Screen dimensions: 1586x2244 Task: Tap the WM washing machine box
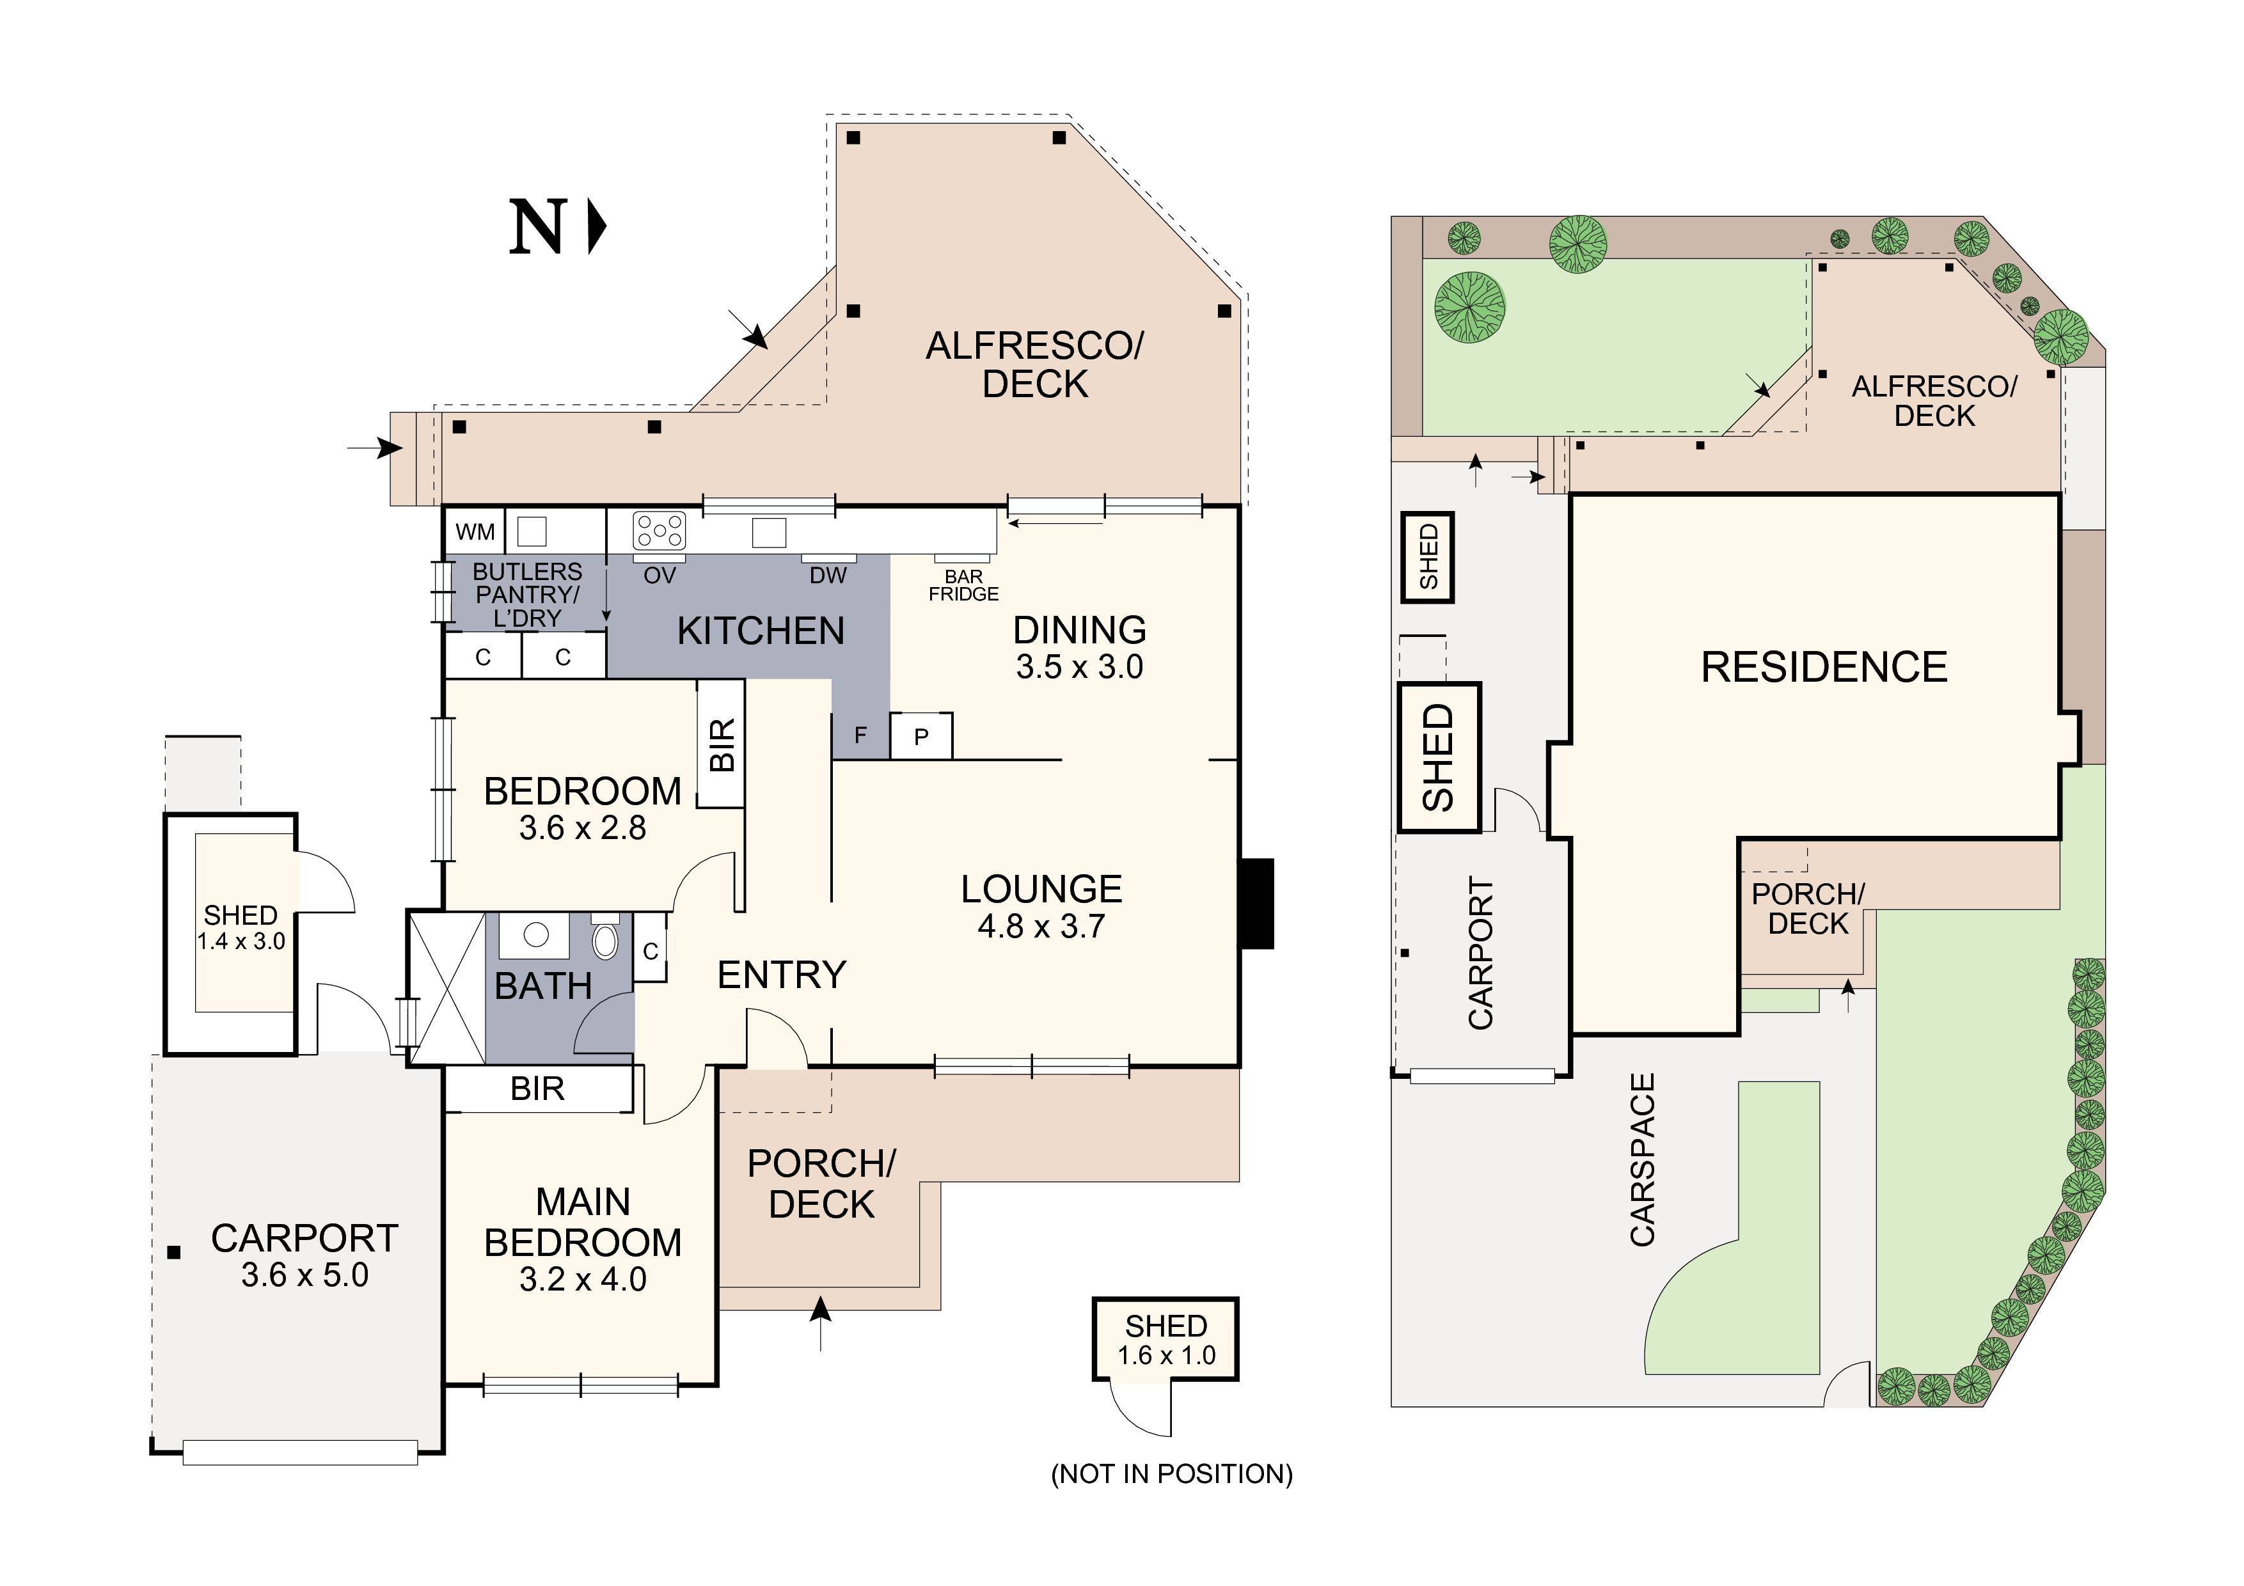pyautogui.click(x=476, y=531)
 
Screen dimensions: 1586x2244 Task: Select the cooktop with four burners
pyautogui.click(x=660, y=531)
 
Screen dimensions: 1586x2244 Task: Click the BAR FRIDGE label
pyautogui.click(x=963, y=585)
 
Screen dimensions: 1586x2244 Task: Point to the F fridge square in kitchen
pyautogui.click(x=860, y=735)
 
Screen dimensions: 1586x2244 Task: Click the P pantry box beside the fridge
pyautogui.click(x=921, y=737)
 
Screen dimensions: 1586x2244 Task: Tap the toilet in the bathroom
pyautogui.click(x=605, y=939)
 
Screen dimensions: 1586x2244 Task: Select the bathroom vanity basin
pyautogui.click(x=535, y=935)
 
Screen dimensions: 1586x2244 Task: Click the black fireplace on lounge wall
pyautogui.click(x=1257, y=903)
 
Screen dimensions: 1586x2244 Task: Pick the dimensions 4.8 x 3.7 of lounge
pyautogui.click(x=1041, y=925)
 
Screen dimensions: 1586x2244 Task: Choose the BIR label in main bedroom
pyautogui.click(x=537, y=1088)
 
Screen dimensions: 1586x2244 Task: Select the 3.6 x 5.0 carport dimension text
pyautogui.click(x=305, y=1275)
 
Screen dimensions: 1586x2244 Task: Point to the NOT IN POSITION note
pyautogui.click(x=1171, y=1473)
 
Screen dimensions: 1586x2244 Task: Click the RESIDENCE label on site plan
pyautogui.click(x=1824, y=668)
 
